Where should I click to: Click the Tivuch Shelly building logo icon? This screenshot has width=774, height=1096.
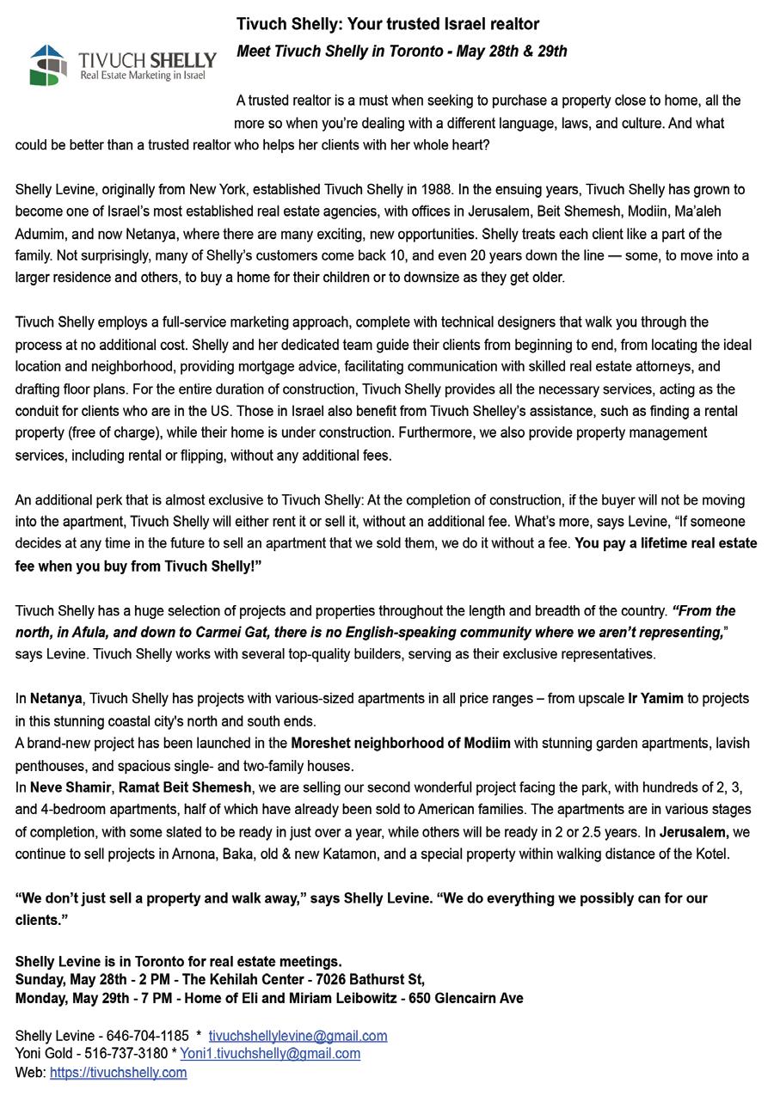tap(48, 64)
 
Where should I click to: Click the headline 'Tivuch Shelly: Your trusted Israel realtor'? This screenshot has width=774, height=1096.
tap(388, 24)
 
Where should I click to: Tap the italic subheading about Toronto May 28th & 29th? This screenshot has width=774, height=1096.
tap(402, 52)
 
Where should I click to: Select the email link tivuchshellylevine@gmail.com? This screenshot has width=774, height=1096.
tap(298, 1036)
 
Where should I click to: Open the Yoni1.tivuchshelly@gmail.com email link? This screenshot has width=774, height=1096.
tap(270, 1053)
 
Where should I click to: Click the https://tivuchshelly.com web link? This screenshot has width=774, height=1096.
tap(118, 1072)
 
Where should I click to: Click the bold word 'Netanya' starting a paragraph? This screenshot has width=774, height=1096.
tap(56, 699)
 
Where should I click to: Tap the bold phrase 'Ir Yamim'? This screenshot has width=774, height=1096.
tap(655, 699)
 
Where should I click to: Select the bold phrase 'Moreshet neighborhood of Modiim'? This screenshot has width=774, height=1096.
tap(400, 743)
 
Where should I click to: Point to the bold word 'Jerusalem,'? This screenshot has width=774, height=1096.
tap(694, 831)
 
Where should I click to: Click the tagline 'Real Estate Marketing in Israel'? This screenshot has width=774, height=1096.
tap(143, 77)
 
